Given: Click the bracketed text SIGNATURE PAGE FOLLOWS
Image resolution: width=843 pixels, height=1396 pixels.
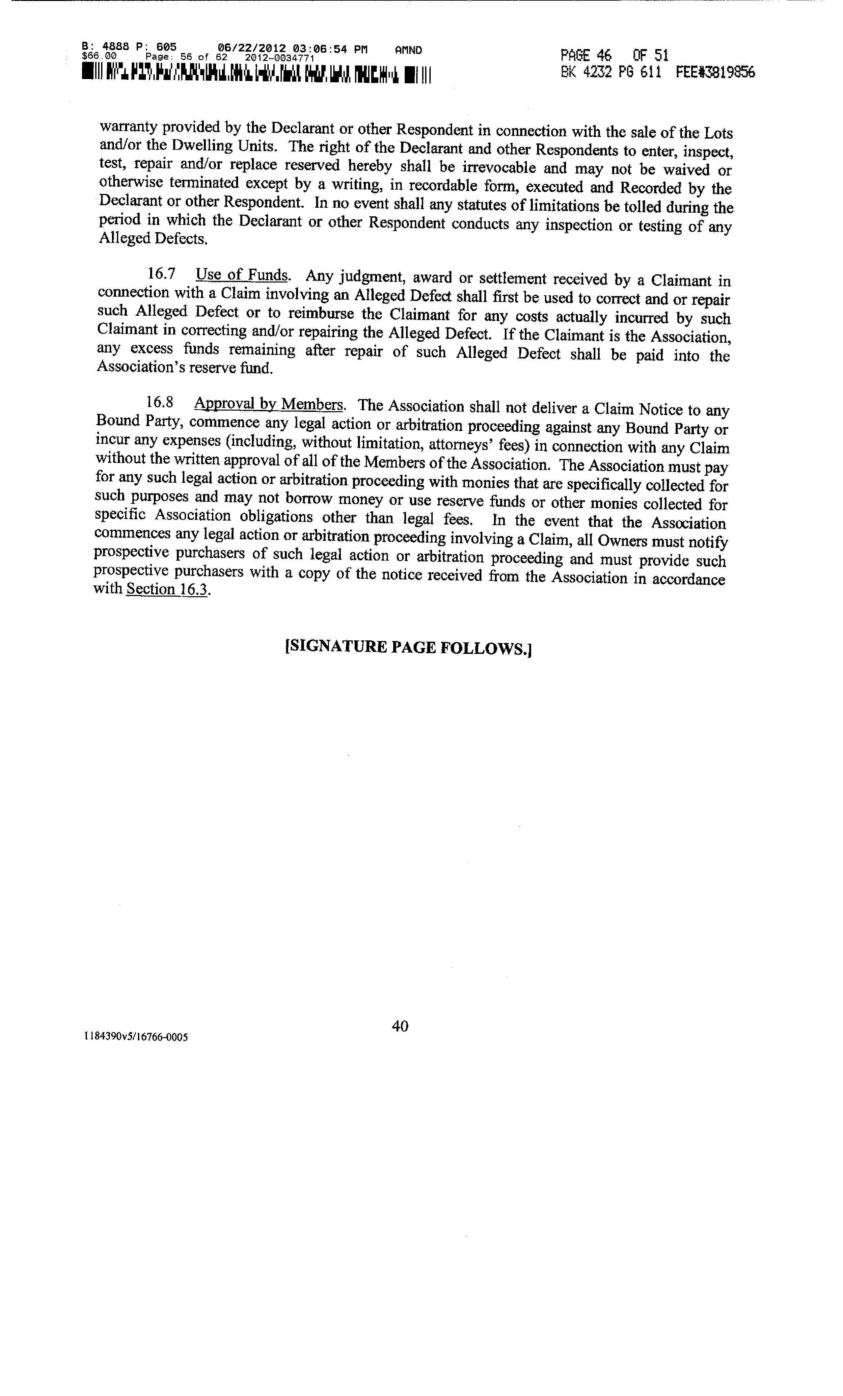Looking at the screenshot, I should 408,647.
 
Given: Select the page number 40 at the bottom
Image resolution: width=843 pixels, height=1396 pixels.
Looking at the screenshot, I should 400,1026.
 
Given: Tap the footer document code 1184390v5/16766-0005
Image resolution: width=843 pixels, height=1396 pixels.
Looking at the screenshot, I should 136,1037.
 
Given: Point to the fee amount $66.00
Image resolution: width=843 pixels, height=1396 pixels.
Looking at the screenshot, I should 98,56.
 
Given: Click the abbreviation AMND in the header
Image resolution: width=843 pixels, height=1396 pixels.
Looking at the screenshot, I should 408,50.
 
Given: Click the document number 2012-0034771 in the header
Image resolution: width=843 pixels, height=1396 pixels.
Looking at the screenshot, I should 279,58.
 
